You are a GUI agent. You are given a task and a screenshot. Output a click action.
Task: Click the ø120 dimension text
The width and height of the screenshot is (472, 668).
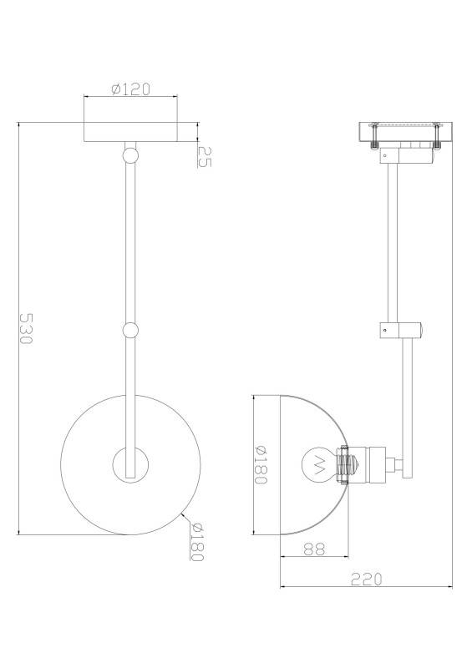[130, 89]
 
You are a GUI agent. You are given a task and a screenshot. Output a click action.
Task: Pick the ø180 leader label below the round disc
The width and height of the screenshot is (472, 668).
[198, 542]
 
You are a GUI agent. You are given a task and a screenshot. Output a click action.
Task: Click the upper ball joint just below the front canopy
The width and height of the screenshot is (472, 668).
[130, 154]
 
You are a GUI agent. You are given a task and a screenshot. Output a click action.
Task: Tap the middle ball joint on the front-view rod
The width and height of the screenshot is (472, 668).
[130, 331]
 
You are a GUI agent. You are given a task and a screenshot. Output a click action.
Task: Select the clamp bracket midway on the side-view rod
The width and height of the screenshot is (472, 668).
[400, 330]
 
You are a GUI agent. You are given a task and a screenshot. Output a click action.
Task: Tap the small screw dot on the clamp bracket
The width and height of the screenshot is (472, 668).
[383, 330]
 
